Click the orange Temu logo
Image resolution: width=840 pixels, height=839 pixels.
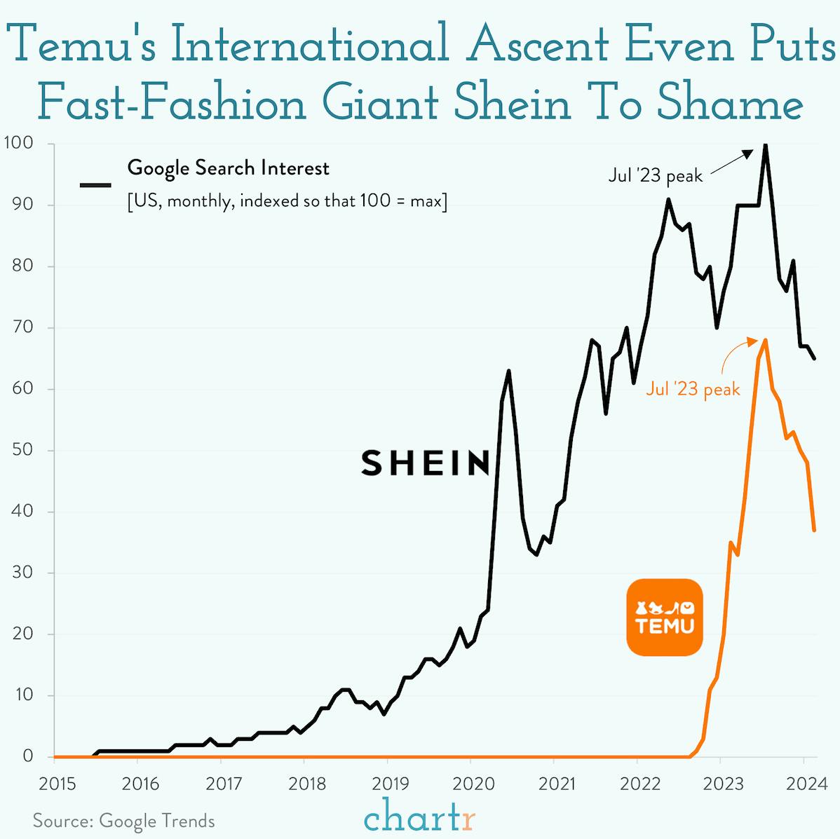click(664, 617)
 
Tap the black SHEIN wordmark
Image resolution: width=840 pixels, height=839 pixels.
click(425, 463)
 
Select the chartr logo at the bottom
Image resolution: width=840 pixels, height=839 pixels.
click(420, 817)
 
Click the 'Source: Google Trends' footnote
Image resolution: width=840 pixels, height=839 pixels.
click(123, 821)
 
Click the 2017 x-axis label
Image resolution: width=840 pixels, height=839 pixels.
click(224, 783)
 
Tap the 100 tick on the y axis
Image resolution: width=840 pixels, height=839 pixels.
click(18, 144)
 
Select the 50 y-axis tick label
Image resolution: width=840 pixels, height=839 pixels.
click(22, 450)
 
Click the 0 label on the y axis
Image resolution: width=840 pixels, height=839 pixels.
click(28, 756)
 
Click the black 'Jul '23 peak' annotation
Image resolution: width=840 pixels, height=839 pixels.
click(655, 175)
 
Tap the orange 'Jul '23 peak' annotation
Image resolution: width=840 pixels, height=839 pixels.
click(693, 389)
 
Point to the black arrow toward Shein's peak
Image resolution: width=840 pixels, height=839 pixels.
click(731, 161)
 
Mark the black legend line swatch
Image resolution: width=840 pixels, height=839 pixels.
click(95, 185)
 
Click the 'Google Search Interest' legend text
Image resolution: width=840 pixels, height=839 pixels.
click(228, 168)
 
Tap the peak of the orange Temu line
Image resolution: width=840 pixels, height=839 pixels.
click(765, 340)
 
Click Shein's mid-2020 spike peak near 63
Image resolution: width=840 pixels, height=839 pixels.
click(508, 371)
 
